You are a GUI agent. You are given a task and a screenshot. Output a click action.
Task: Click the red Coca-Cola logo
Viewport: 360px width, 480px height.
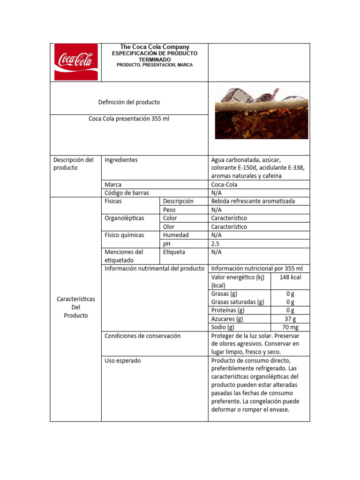[76, 62]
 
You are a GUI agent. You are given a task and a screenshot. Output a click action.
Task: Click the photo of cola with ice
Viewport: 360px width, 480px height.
[262, 113]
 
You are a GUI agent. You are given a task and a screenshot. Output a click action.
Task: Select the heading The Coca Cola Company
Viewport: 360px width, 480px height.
[155, 47]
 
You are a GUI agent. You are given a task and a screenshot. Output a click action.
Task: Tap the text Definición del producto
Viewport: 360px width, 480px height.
[129, 102]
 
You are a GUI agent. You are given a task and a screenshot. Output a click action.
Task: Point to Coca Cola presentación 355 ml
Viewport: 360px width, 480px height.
[129, 119]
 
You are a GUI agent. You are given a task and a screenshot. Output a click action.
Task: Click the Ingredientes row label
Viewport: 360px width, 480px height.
[121, 160]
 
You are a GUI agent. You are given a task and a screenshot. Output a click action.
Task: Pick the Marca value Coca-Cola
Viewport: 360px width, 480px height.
[224, 185]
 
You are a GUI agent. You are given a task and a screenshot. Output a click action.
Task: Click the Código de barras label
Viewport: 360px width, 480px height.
[124, 193]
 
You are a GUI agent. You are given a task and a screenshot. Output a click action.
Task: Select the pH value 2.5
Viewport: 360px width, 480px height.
[215, 244]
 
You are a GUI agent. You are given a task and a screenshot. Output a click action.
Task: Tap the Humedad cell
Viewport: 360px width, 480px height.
[176, 235]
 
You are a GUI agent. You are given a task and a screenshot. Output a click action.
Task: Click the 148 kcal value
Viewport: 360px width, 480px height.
[290, 277]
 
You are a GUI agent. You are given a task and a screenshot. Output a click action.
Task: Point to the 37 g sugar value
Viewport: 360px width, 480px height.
[290, 319]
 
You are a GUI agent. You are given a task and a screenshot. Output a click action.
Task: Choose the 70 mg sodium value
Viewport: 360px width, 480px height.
[290, 327]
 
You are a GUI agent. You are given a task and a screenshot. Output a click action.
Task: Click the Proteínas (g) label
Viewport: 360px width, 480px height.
[228, 310]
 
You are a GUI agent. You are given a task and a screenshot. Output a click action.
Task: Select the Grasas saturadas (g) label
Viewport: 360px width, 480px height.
[238, 302]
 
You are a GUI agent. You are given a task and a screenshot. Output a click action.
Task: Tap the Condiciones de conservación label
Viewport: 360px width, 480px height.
[142, 336]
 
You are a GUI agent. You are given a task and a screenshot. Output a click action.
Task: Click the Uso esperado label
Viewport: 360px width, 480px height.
[123, 360]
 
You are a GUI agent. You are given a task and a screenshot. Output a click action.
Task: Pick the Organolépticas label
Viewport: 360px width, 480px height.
[125, 218]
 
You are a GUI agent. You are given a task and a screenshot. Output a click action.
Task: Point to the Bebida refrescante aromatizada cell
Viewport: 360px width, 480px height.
[253, 201]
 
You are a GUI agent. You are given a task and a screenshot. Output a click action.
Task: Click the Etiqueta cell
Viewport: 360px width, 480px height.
[174, 252]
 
